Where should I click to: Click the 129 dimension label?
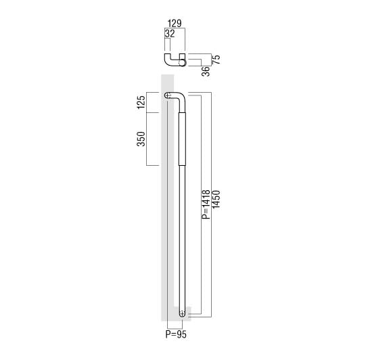pyautogui.click(x=175, y=24)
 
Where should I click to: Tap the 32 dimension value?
pyautogui.click(x=170, y=34)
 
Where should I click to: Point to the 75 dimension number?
pyautogui.click(x=216, y=60)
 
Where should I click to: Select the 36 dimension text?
pyautogui.click(x=206, y=71)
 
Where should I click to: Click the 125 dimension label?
pyautogui.click(x=141, y=102)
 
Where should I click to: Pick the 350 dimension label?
pyautogui.click(x=141, y=139)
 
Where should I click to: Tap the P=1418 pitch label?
pyautogui.click(x=206, y=204)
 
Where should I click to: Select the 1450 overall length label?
pyautogui.click(x=216, y=200)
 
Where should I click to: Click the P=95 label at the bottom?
pyautogui.click(x=176, y=334)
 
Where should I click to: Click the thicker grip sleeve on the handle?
pyautogui.click(x=183, y=139)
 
